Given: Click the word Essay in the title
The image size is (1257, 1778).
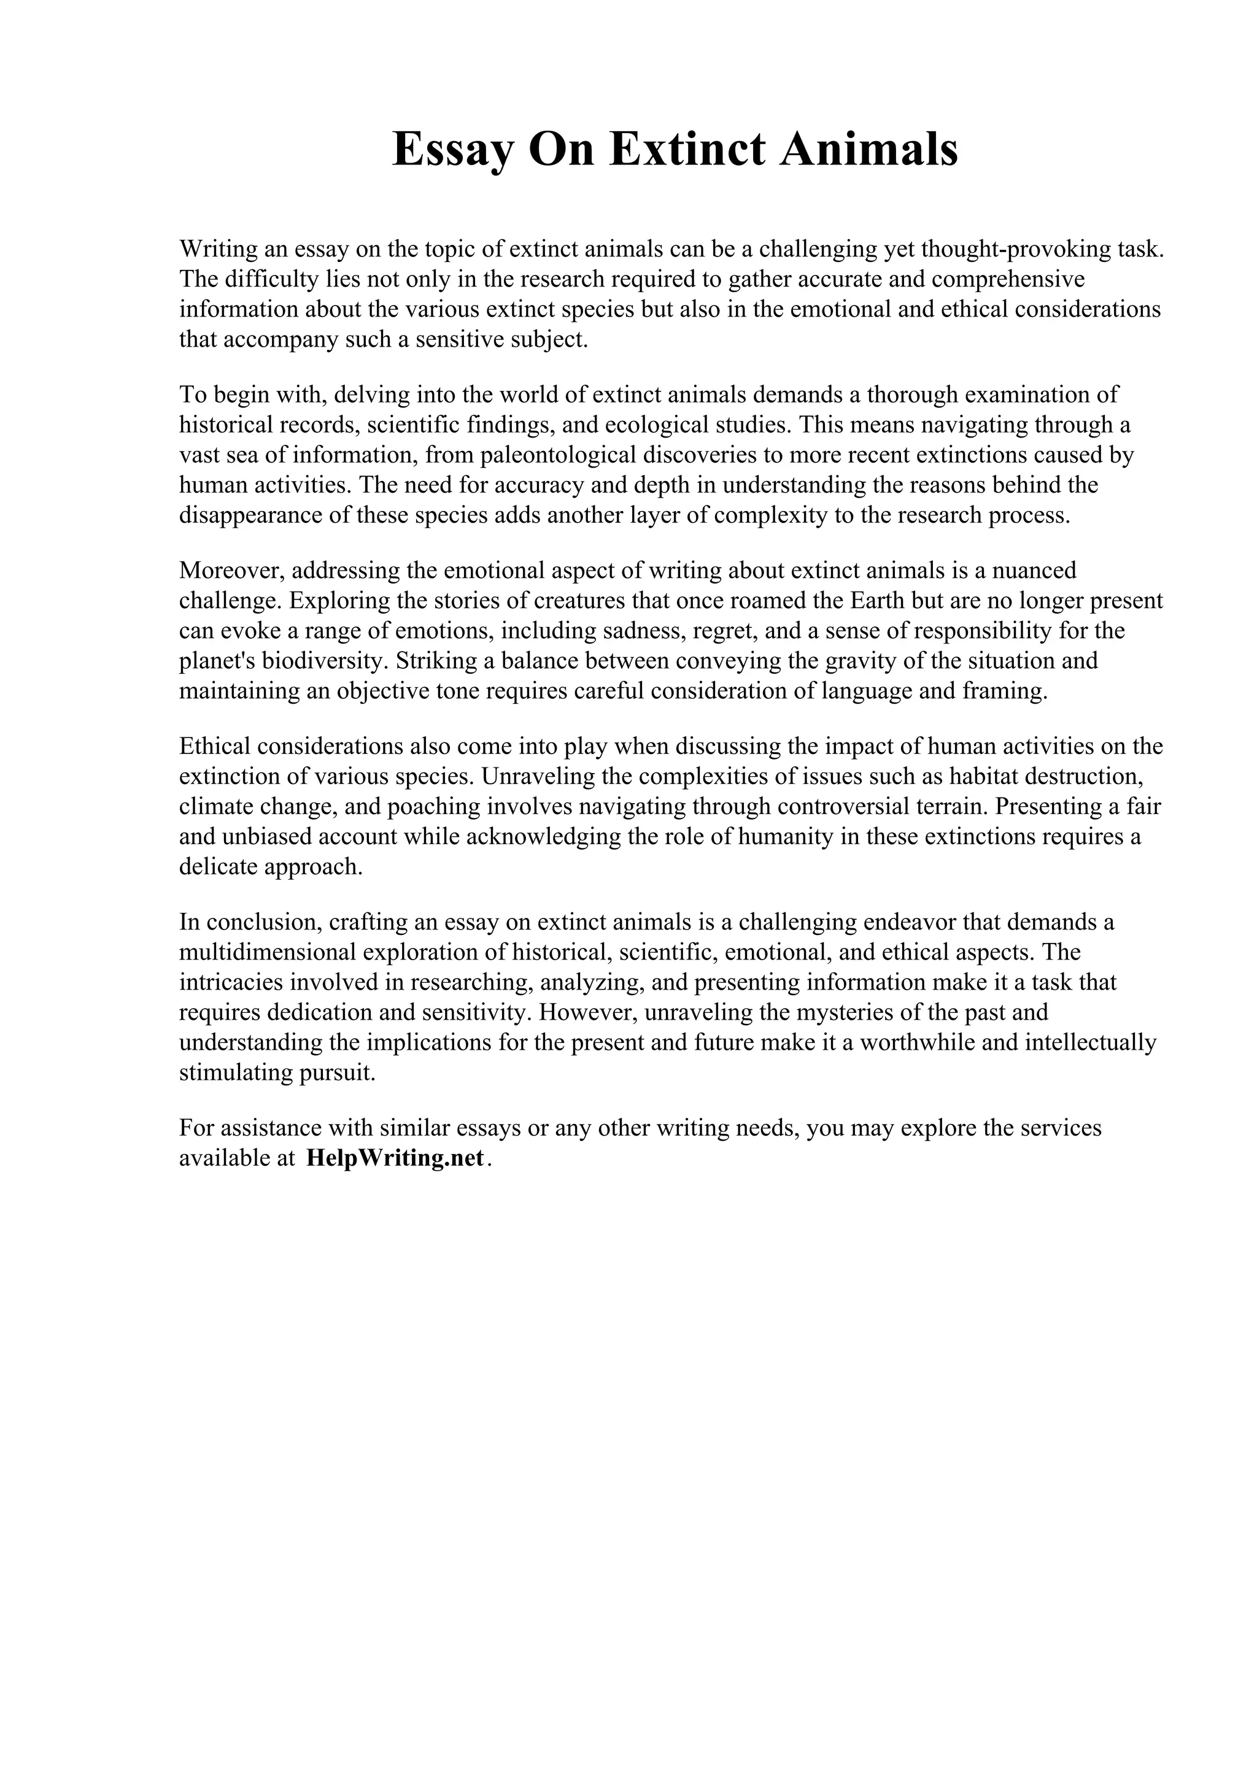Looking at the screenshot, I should pos(453,150).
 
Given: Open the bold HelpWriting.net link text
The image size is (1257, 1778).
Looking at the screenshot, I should pos(396,1158).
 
